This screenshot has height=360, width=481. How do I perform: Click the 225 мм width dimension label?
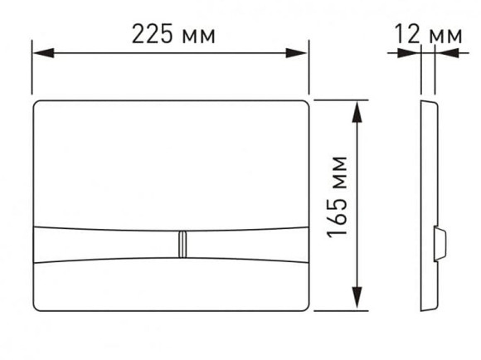pyautogui.click(x=173, y=34)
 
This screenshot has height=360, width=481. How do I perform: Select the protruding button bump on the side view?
pyautogui.click(x=441, y=244)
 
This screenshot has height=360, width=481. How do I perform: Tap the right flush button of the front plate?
pyautogui.click(x=249, y=244)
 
